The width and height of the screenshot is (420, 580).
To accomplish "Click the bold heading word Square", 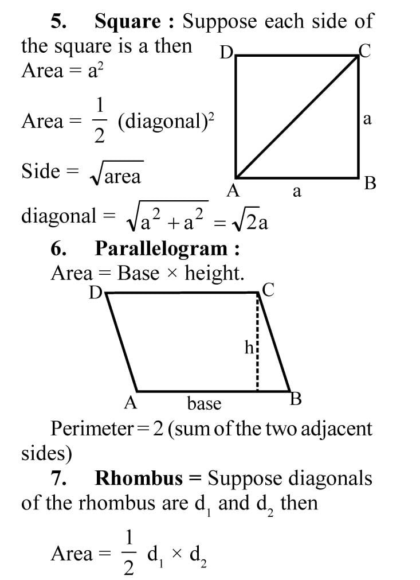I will [x=127, y=22].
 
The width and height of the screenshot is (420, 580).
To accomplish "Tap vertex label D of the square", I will [x=226, y=53].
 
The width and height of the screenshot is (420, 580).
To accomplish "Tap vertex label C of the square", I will [x=365, y=52].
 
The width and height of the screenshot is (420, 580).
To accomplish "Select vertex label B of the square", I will [x=370, y=184].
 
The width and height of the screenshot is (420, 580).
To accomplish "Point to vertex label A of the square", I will [x=233, y=191].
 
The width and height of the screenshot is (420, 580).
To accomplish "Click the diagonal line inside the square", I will [x=297, y=117].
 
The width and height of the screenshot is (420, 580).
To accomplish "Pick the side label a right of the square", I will [x=367, y=119].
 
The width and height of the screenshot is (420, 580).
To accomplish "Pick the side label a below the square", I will [x=296, y=192].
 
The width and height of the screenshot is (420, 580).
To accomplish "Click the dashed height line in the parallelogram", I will [x=258, y=344].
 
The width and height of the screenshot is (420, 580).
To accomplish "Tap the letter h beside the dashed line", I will [x=249, y=347].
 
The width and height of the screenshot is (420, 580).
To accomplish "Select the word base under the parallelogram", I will [x=204, y=404].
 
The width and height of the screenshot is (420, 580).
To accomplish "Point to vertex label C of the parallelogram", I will [x=268, y=290].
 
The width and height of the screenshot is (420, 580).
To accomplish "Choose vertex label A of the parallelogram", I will [x=130, y=403].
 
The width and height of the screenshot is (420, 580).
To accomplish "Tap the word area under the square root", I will [x=122, y=177].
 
